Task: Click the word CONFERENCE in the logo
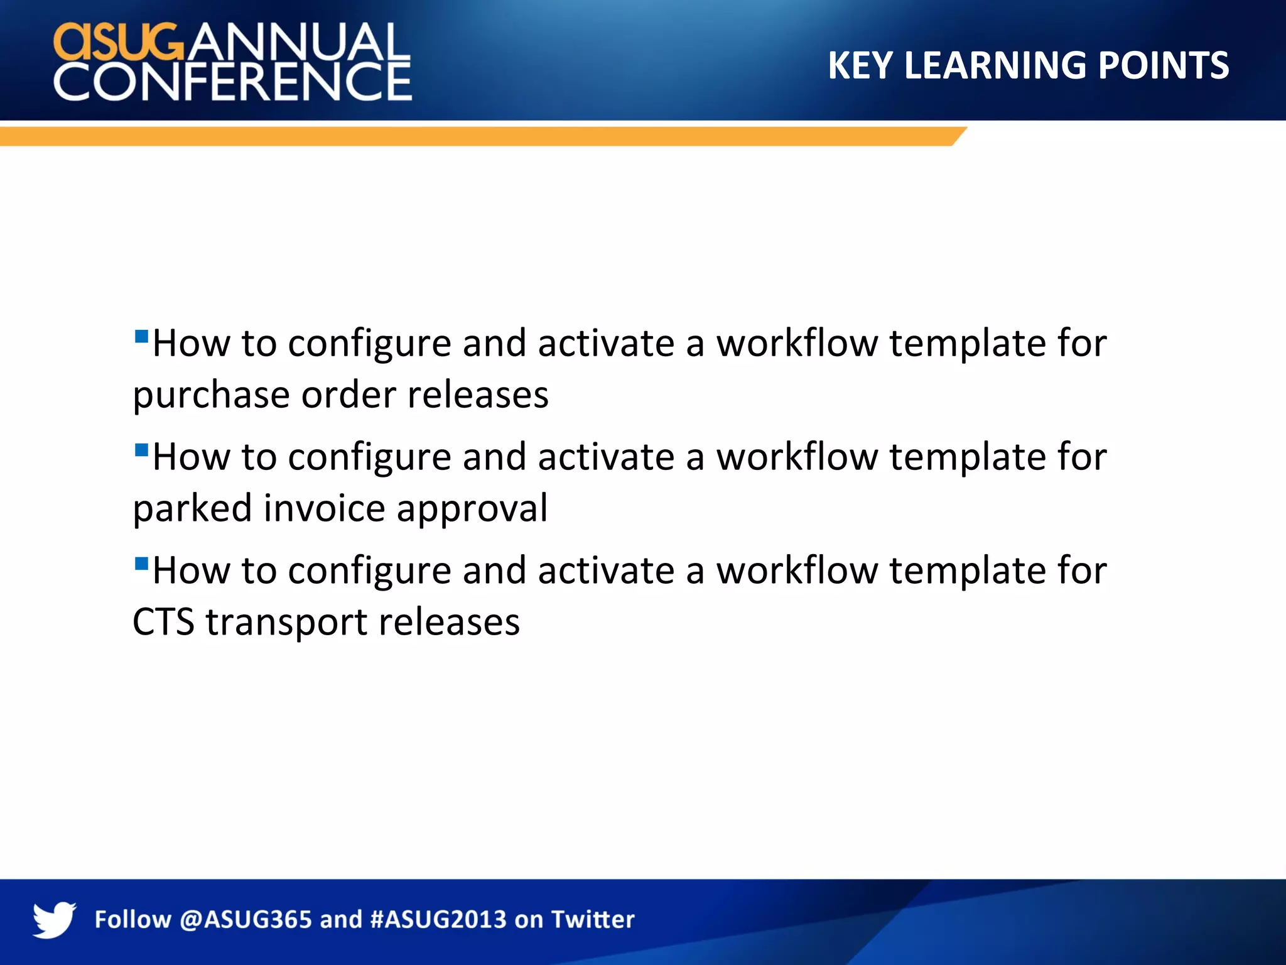(232, 82)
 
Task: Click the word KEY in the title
(860, 65)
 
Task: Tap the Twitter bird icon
(54, 920)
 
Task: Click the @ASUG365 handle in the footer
(246, 920)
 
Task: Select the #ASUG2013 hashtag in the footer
(438, 920)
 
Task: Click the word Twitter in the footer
(593, 920)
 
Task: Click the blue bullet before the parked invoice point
(141, 449)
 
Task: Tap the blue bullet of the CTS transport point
(141, 563)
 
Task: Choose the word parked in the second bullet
(192, 510)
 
